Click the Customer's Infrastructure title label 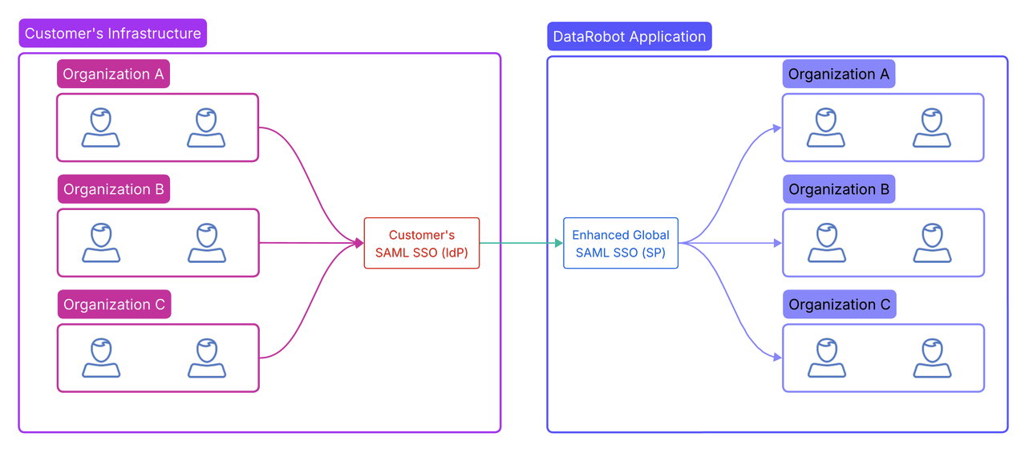point(112,34)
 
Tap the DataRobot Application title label point(630,37)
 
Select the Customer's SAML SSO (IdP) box point(422,243)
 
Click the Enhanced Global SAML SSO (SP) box point(621,243)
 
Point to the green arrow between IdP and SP point(521,243)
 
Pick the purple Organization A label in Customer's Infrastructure point(113,75)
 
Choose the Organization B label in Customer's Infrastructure point(114,190)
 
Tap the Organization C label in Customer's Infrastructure point(114,305)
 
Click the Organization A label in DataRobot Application point(839,75)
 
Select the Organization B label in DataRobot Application point(839,190)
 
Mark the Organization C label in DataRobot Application point(839,305)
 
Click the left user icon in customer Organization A point(101,128)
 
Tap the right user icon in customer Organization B point(207,243)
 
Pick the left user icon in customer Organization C point(101,358)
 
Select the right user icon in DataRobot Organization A point(932,128)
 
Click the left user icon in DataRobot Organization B point(826,243)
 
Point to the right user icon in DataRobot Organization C point(932,358)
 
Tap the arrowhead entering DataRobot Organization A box point(777,127)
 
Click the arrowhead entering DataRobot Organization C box point(777,358)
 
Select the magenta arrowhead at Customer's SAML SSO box point(359,243)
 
